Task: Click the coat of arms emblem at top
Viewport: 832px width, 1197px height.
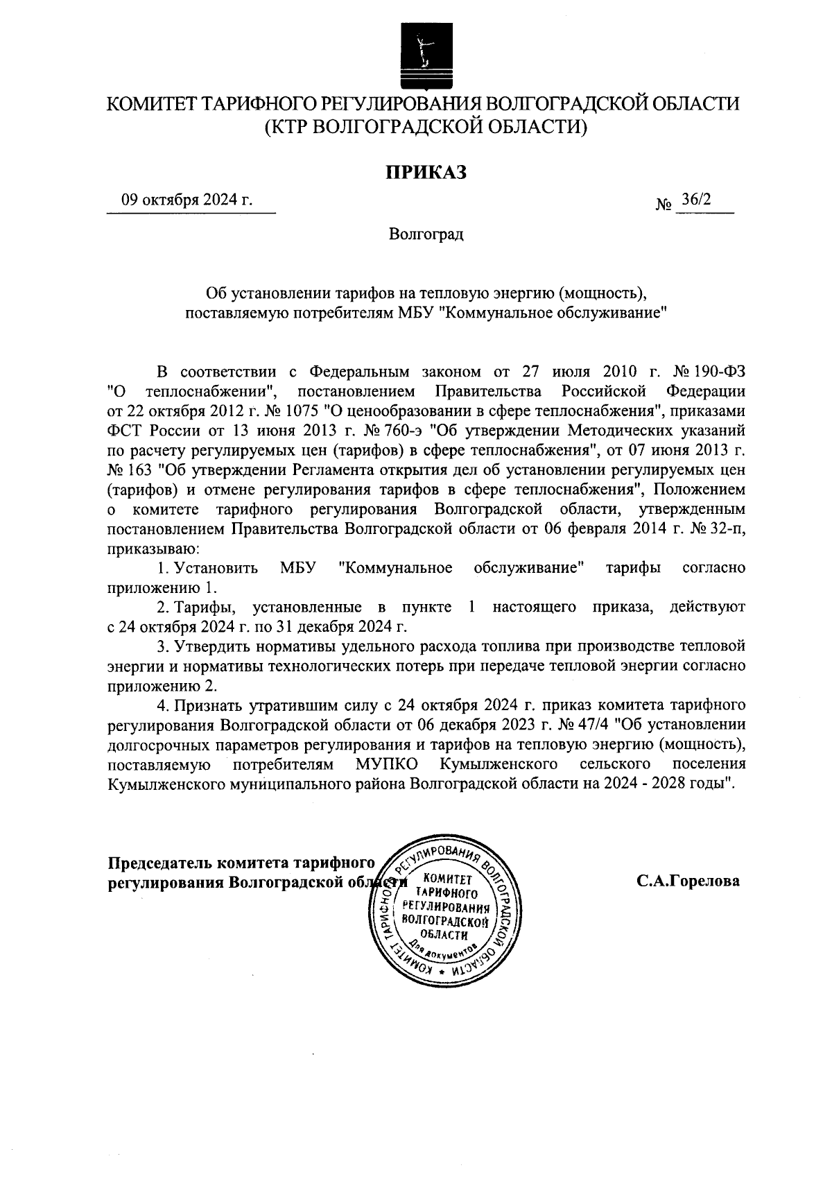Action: click(422, 55)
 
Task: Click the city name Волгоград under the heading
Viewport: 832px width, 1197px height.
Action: click(426, 234)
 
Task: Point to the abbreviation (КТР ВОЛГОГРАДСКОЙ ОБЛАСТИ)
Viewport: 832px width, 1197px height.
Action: click(426, 127)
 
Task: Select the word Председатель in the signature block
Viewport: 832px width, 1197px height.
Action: click(160, 863)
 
